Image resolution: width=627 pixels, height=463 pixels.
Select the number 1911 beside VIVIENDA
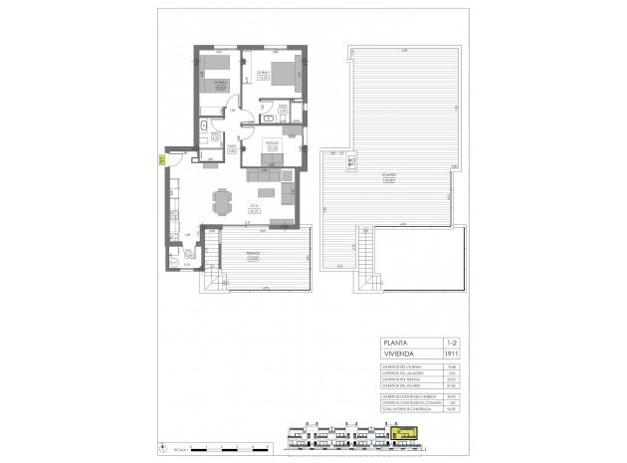453,354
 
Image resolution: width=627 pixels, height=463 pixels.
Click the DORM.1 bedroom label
264,76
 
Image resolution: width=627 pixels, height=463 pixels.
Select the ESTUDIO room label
270,145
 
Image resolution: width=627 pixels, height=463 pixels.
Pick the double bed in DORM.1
283,72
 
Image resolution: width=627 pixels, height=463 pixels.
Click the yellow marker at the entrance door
161,155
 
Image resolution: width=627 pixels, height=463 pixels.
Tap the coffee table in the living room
266,191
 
